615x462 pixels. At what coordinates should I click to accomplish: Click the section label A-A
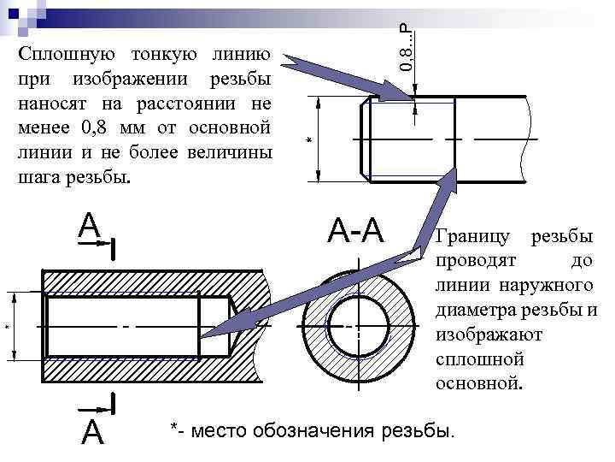(x=357, y=228)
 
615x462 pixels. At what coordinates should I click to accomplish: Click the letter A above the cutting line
(x=90, y=225)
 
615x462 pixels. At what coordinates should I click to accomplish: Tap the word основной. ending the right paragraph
(x=477, y=382)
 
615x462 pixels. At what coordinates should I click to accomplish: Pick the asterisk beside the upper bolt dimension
(x=309, y=139)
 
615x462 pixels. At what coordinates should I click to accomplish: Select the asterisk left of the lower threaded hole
(x=8, y=329)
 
